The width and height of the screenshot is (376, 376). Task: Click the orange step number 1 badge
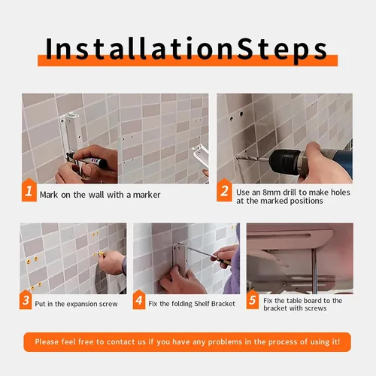pyautogui.click(x=29, y=190)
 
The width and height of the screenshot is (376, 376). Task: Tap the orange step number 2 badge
pyautogui.click(x=224, y=190)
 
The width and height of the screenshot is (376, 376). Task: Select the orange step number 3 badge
pyautogui.click(x=26, y=299)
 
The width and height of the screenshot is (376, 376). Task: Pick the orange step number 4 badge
pyautogui.click(x=139, y=299)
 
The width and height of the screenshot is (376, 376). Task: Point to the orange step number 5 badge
pyautogui.click(x=253, y=299)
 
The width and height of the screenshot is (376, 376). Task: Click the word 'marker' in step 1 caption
pyautogui.click(x=147, y=195)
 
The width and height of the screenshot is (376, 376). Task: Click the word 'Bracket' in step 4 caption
pyautogui.click(x=223, y=304)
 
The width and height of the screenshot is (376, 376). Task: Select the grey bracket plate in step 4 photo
pyautogui.click(x=181, y=259)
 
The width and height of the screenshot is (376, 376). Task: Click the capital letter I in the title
pyautogui.click(x=50, y=48)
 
